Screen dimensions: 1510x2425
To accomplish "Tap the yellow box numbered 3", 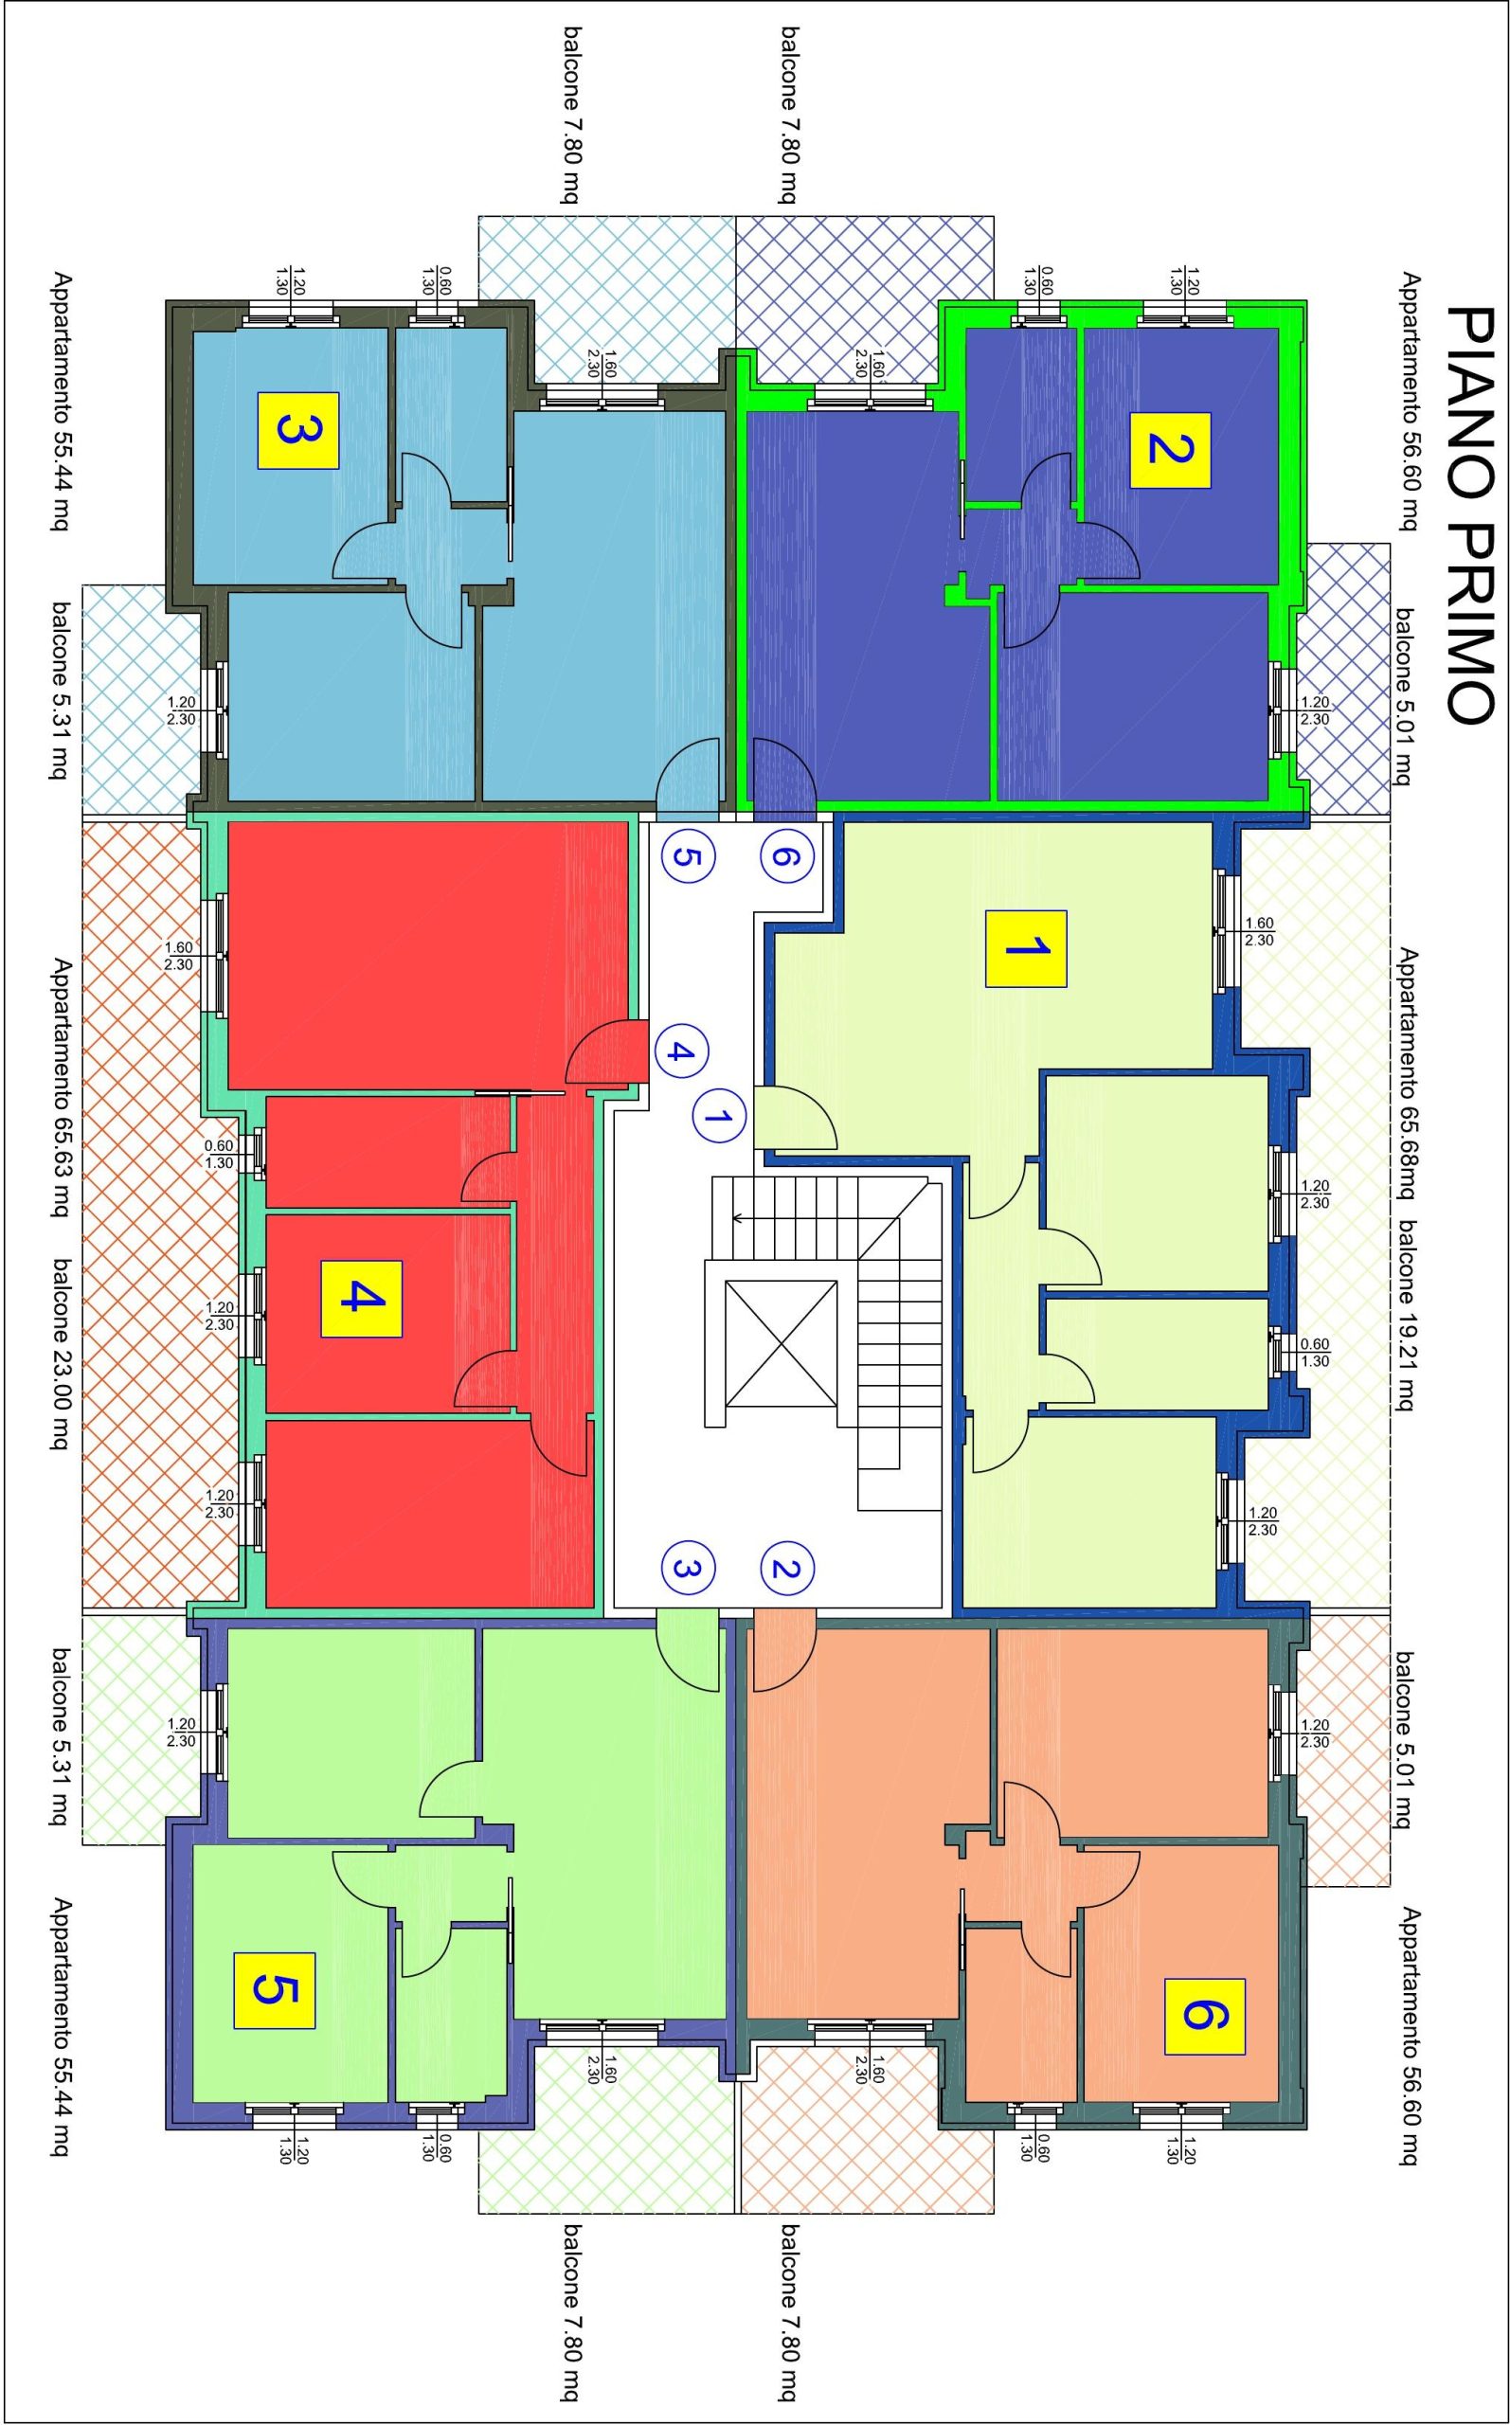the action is click(298, 430).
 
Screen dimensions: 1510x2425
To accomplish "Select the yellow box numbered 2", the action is click(1170, 449).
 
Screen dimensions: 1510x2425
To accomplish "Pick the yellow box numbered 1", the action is click(1026, 948).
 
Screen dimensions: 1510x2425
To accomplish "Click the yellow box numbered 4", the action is click(361, 1299).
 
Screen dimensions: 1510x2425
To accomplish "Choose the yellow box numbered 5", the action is click(275, 1991).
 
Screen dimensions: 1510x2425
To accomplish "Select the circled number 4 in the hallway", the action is click(682, 1051).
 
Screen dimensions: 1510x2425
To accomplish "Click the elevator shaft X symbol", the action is click(781, 1344).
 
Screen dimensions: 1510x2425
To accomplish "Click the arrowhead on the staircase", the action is click(737, 1218).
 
